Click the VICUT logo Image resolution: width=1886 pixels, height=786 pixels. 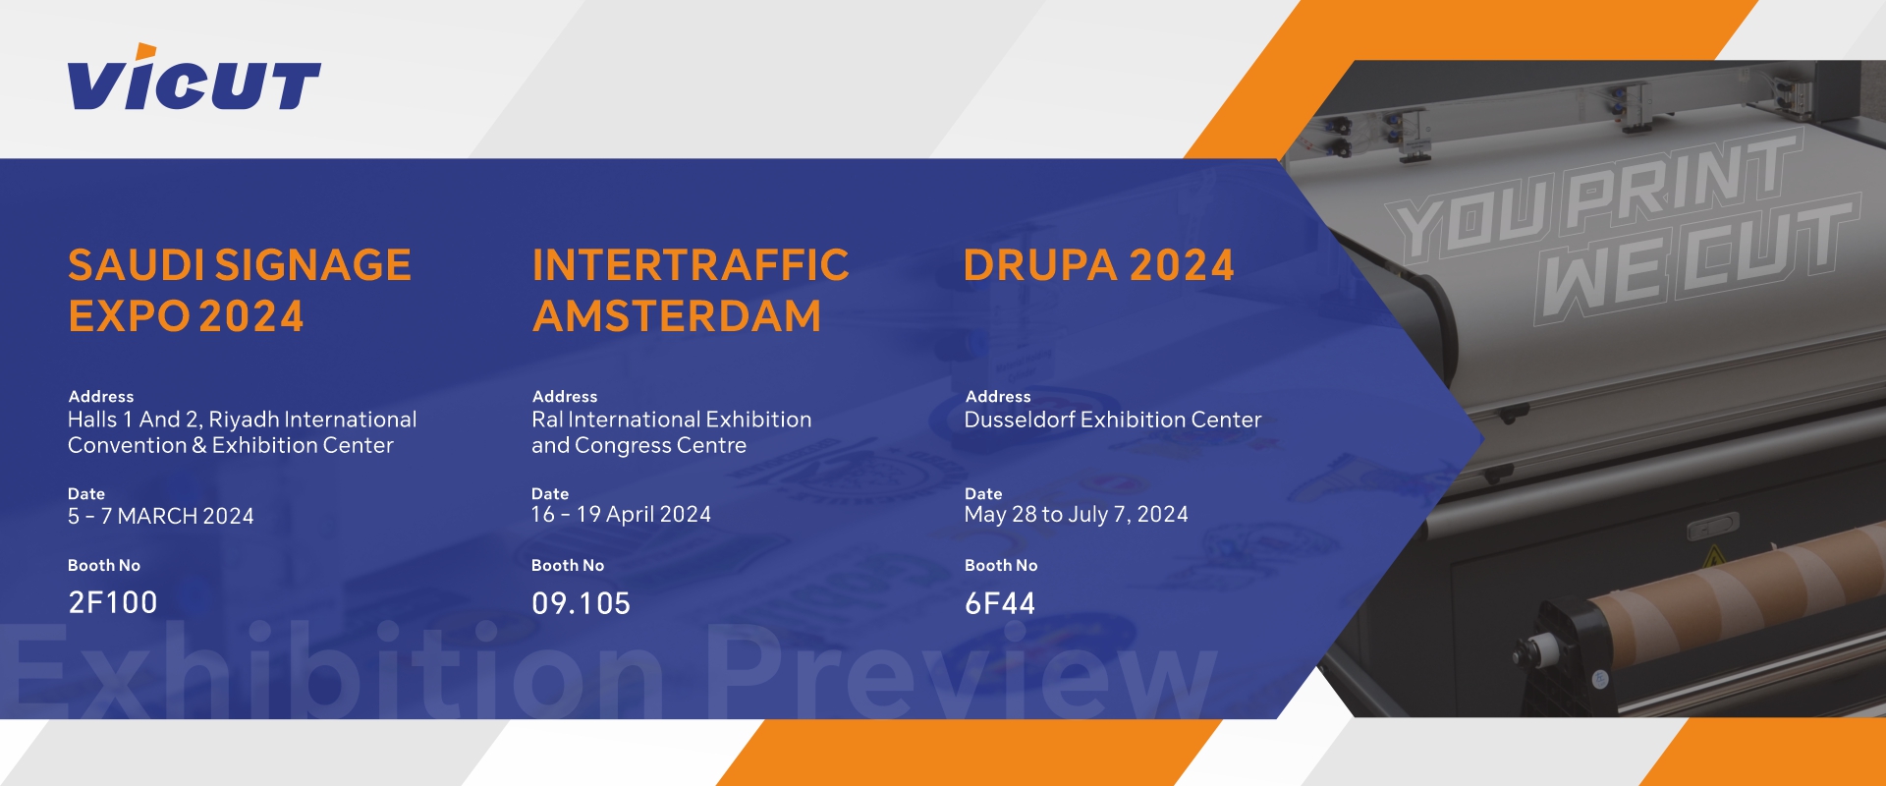click(x=194, y=78)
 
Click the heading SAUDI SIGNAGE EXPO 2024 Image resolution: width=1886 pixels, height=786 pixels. click(x=240, y=291)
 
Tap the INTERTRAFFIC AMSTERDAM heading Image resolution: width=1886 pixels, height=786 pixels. click(x=691, y=291)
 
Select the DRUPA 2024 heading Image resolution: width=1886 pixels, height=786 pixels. click(x=1098, y=265)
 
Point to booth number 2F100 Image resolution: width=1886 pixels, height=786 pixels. click(x=113, y=602)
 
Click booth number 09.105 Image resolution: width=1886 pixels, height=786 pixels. click(x=581, y=603)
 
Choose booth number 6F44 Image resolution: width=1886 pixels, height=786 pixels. click(x=1000, y=603)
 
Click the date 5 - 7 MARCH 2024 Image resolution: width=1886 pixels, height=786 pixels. click(x=161, y=516)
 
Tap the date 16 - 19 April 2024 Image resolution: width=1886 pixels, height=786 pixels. click(x=621, y=515)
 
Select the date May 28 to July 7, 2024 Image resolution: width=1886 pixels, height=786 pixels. click(x=1077, y=515)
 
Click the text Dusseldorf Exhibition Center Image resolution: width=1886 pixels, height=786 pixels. click(x=1113, y=420)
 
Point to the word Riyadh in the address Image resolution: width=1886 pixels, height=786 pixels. click(x=244, y=421)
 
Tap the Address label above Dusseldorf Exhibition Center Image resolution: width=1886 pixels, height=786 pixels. click(x=998, y=397)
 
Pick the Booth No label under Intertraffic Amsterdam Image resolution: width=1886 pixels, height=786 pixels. click(x=568, y=566)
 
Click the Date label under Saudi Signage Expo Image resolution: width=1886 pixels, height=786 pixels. click(x=86, y=494)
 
